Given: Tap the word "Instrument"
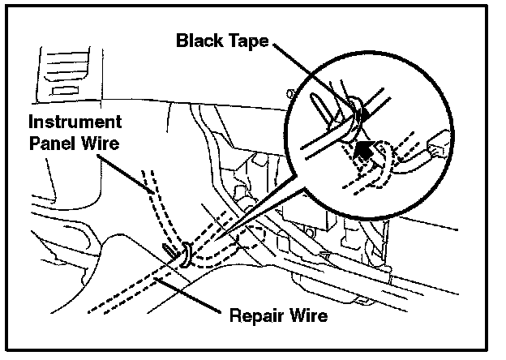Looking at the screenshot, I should point(75,122).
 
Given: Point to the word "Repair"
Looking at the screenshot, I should point(255,314).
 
